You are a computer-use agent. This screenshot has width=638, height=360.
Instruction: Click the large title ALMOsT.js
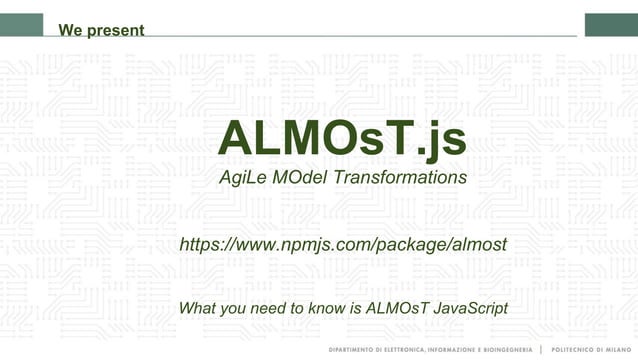[x=341, y=138]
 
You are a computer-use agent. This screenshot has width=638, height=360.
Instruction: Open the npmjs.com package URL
[x=342, y=245]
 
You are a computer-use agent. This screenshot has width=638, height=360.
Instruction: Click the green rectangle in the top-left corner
[x=21, y=24]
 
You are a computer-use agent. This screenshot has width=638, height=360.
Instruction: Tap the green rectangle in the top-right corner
[x=611, y=24]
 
